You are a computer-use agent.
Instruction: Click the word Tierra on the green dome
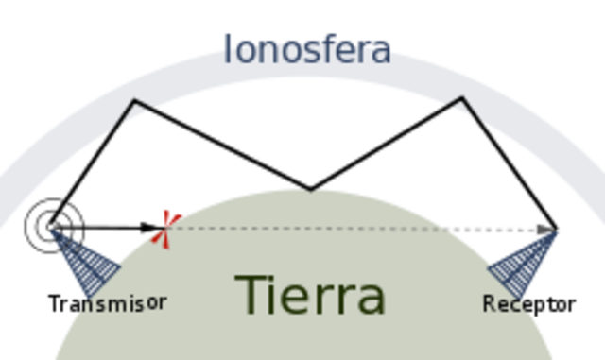pos(310,296)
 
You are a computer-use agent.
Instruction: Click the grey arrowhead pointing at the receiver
pos(547,229)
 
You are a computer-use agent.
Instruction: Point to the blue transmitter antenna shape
pos(90,262)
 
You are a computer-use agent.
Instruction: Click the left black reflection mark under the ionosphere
pos(137,109)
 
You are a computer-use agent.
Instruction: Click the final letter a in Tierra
pos(370,300)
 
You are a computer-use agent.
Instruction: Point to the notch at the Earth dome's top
pos(313,192)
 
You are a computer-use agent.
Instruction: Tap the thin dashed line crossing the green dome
pos(302,228)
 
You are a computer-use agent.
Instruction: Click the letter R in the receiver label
pos(490,304)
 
